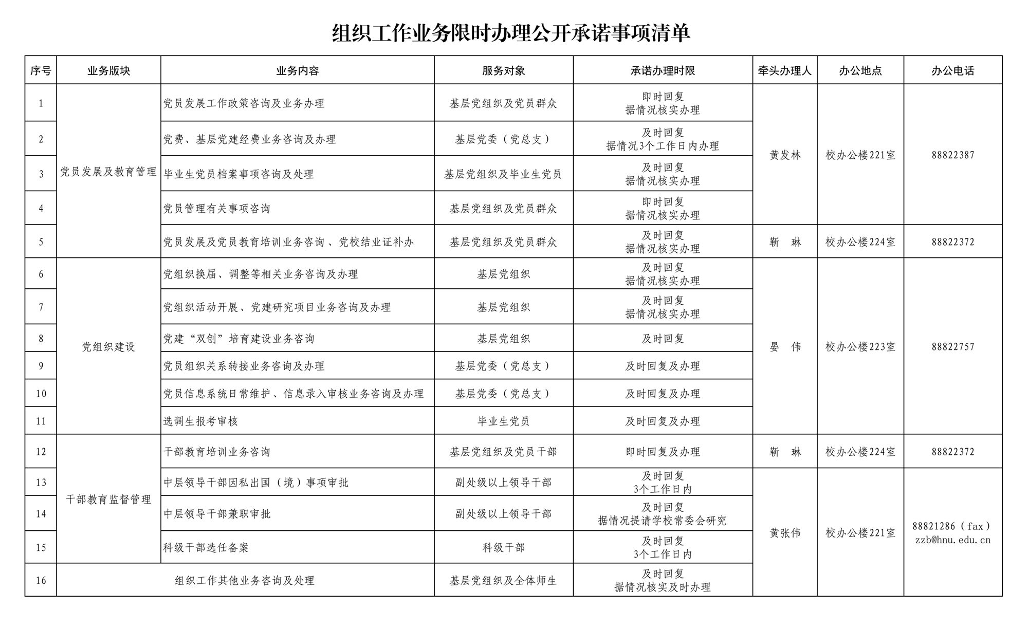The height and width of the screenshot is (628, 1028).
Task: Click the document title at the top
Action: click(x=511, y=33)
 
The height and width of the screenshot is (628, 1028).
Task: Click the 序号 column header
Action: click(x=41, y=70)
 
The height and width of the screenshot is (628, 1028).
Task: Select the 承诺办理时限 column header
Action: click(x=663, y=70)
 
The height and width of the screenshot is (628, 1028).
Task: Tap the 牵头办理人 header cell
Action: click(x=784, y=70)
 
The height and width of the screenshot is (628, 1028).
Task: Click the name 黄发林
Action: click(x=785, y=155)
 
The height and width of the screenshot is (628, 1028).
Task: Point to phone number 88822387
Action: click(x=952, y=155)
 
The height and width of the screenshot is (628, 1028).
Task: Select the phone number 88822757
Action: click(x=952, y=346)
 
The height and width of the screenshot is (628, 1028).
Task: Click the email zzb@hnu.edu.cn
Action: click(x=952, y=540)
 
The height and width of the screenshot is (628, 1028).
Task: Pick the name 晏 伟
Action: click(x=785, y=346)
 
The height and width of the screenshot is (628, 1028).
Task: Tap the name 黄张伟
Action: click(x=785, y=533)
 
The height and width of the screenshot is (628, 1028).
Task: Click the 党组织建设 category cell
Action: click(x=108, y=346)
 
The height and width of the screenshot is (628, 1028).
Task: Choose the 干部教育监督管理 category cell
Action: click(x=108, y=499)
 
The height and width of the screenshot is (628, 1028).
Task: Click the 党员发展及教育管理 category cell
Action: click(x=108, y=171)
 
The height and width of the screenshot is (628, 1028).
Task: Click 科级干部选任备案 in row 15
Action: click(x=206, y=547)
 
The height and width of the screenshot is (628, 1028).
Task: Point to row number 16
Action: click(x=41, y=580)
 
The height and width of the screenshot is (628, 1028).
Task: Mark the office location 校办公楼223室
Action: click(x=860, y=346)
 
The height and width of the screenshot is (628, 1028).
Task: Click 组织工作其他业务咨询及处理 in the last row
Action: click(x=245, y=580)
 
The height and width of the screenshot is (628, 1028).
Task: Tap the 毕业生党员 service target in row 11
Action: click(x=503, y=421)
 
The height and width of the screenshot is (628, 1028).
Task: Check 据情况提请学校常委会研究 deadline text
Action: click(x=663, y=521)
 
